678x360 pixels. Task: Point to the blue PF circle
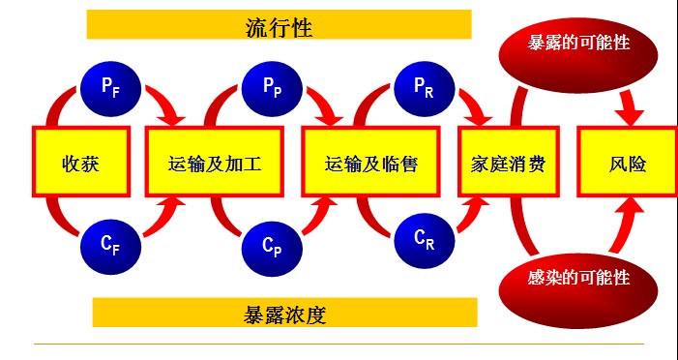coord(109,86)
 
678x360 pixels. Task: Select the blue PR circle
coord(423,86)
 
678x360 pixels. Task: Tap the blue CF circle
coord(110,244)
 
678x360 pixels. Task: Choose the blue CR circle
coord(422,238)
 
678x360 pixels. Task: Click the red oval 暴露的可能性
coord(578,44)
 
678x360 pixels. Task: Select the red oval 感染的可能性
coord(578,278)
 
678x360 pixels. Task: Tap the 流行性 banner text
coord(279,24)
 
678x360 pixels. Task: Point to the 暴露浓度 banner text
coord(284,313)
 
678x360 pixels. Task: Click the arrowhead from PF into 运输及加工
coord(174,115)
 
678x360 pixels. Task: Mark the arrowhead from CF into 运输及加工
coord(174,206)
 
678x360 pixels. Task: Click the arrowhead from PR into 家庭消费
coord(481,115)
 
